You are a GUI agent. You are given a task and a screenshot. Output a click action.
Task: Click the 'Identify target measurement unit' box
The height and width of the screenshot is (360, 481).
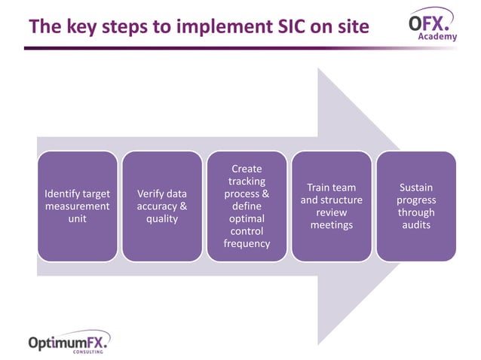pyautogui.click(x=78, y=206)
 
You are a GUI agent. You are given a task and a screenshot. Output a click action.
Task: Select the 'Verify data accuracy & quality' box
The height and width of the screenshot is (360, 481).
pyautogui.click(x=162, y=206)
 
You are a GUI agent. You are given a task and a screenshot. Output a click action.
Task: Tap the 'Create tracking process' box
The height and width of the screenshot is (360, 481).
pyautogui.click(x=247, y=206)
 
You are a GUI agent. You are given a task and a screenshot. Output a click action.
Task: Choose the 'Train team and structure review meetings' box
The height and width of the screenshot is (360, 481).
pyautogui.click(x=331, y=206)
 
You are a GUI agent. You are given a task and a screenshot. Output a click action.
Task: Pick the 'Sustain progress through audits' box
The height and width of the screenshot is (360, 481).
pyautogui.click(x=415, y=206)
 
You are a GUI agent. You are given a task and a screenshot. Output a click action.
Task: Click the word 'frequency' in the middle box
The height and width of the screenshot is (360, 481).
pyautogui.click(x=247, y=243)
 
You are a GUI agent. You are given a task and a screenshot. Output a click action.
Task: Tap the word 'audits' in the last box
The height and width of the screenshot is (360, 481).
pyautogui.click(x=415, y=224)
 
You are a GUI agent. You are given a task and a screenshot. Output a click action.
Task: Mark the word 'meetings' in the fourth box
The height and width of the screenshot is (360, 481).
pyautogui.click(x=331, y=224)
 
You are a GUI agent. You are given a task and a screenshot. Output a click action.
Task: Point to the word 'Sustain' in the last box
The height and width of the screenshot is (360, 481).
pyautogui.click(x=415, y=187)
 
